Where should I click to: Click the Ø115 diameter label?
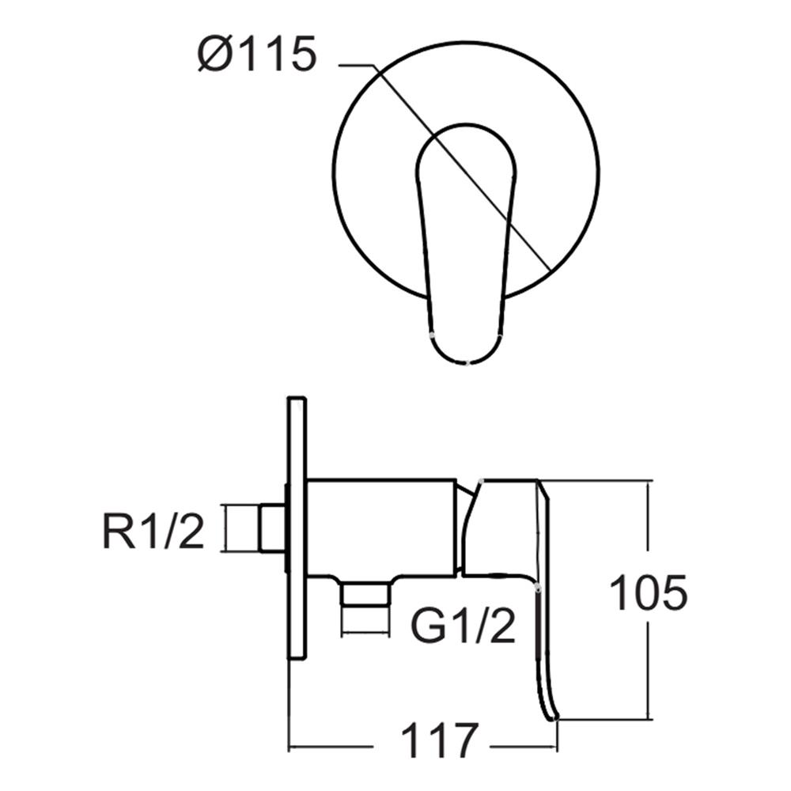[x=258, y=56]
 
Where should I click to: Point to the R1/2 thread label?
[x=153, y=532]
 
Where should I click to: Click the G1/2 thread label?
[x=463, y=626]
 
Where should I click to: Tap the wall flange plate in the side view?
[x=297, y=528]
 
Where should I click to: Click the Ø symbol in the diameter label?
[x=215, y=56]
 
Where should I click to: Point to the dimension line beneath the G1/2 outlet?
[x=365, y=633]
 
